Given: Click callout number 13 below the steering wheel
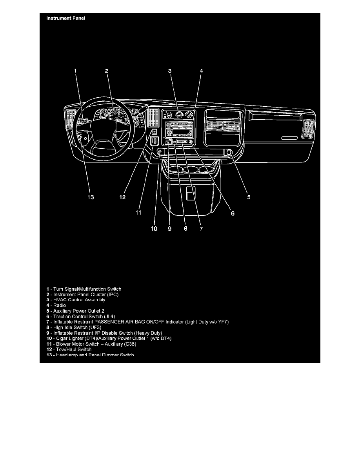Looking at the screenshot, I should tap(91, 197).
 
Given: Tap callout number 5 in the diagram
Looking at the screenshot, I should tap(249, 197).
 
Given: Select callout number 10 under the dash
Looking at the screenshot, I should tap(154, 228).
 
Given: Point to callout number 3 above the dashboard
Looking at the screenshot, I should tap(170, 71).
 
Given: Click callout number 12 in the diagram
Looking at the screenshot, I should tap(123, 197).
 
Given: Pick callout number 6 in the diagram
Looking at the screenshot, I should tap(232, 213).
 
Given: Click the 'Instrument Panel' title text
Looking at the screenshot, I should tap(66, 18).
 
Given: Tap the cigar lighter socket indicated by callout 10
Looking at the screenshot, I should tap(160, 151).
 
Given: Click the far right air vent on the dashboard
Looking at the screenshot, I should tap(308, 129).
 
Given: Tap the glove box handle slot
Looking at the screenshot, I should tap(289, 138).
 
